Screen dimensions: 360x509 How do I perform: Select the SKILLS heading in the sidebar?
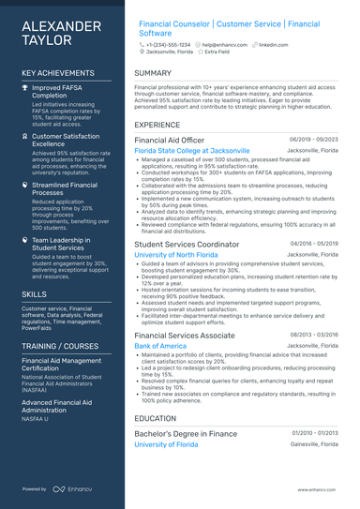pos(34,293)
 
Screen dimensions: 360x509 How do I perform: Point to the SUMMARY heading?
pos(153,72)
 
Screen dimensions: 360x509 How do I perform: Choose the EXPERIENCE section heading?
pos(157,124)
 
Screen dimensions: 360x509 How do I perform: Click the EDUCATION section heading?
pos(155,418)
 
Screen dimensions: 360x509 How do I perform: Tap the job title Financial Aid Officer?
pos(172,139)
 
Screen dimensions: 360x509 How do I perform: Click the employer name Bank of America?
pos(160,346)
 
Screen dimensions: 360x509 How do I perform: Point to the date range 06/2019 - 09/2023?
pos(314,139)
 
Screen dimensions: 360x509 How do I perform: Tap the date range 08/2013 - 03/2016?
pos(314,335)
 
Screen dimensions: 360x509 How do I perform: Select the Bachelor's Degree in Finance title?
pos(186,433)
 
